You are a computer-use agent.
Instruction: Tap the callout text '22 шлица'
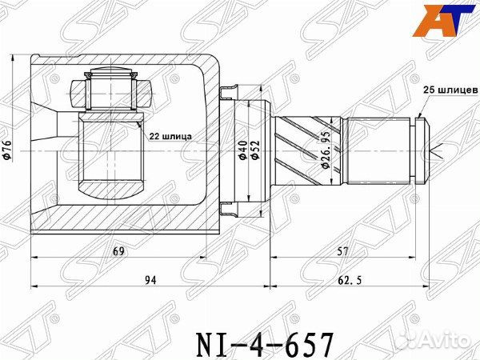pyautogui.click(x=170, y=136)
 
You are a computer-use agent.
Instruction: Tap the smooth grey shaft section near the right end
pyautogui.click(x=380, y=148)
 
